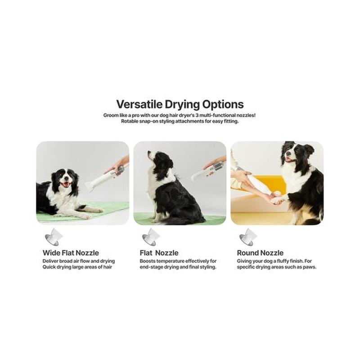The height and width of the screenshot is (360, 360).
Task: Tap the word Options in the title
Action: (223, 105)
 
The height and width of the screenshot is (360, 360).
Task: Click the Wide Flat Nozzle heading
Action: (71, 253)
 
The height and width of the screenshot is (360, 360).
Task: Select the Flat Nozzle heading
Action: (159, 253)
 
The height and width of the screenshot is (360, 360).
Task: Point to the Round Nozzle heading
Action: (260, 253)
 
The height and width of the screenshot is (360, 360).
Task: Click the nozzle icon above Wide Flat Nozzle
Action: (54, 237)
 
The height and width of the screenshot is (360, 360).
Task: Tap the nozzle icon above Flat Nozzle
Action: (151, 237)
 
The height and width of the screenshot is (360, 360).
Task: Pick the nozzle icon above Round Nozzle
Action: (248, 237)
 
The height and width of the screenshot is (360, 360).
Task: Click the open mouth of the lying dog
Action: (66, 184)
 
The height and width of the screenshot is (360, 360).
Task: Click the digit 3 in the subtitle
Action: (197, 115)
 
